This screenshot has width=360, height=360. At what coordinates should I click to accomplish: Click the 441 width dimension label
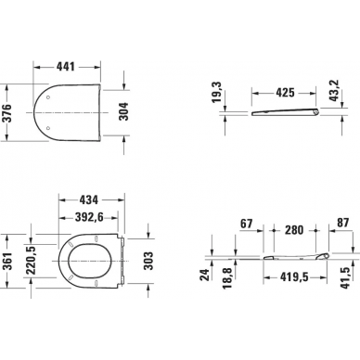pyautogui.click(x=66, y=66)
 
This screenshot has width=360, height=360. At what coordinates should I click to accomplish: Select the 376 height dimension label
pyautogui.click(x=6, y=112)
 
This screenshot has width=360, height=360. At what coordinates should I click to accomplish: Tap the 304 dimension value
pyautogui.click(x=124, y=112)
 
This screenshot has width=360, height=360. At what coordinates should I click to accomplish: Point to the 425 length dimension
pyautogui.click(x=285, y=93)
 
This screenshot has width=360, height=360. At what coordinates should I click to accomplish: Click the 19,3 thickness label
pyautogui.click(x=216, y=93)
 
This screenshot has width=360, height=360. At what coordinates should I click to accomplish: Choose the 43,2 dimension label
pyautogui.click(x=334, y=91)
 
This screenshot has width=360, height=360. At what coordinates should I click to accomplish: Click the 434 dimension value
pyautogui.click(x=88, y=200)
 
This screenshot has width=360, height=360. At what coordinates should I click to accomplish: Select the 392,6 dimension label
pyautogui.click(x=89, y=217)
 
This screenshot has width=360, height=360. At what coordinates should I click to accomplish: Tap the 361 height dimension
pyautogui.click(x=6, y=262)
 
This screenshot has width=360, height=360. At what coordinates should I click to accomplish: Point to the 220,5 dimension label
pyautogui.click(x=31, y=260)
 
